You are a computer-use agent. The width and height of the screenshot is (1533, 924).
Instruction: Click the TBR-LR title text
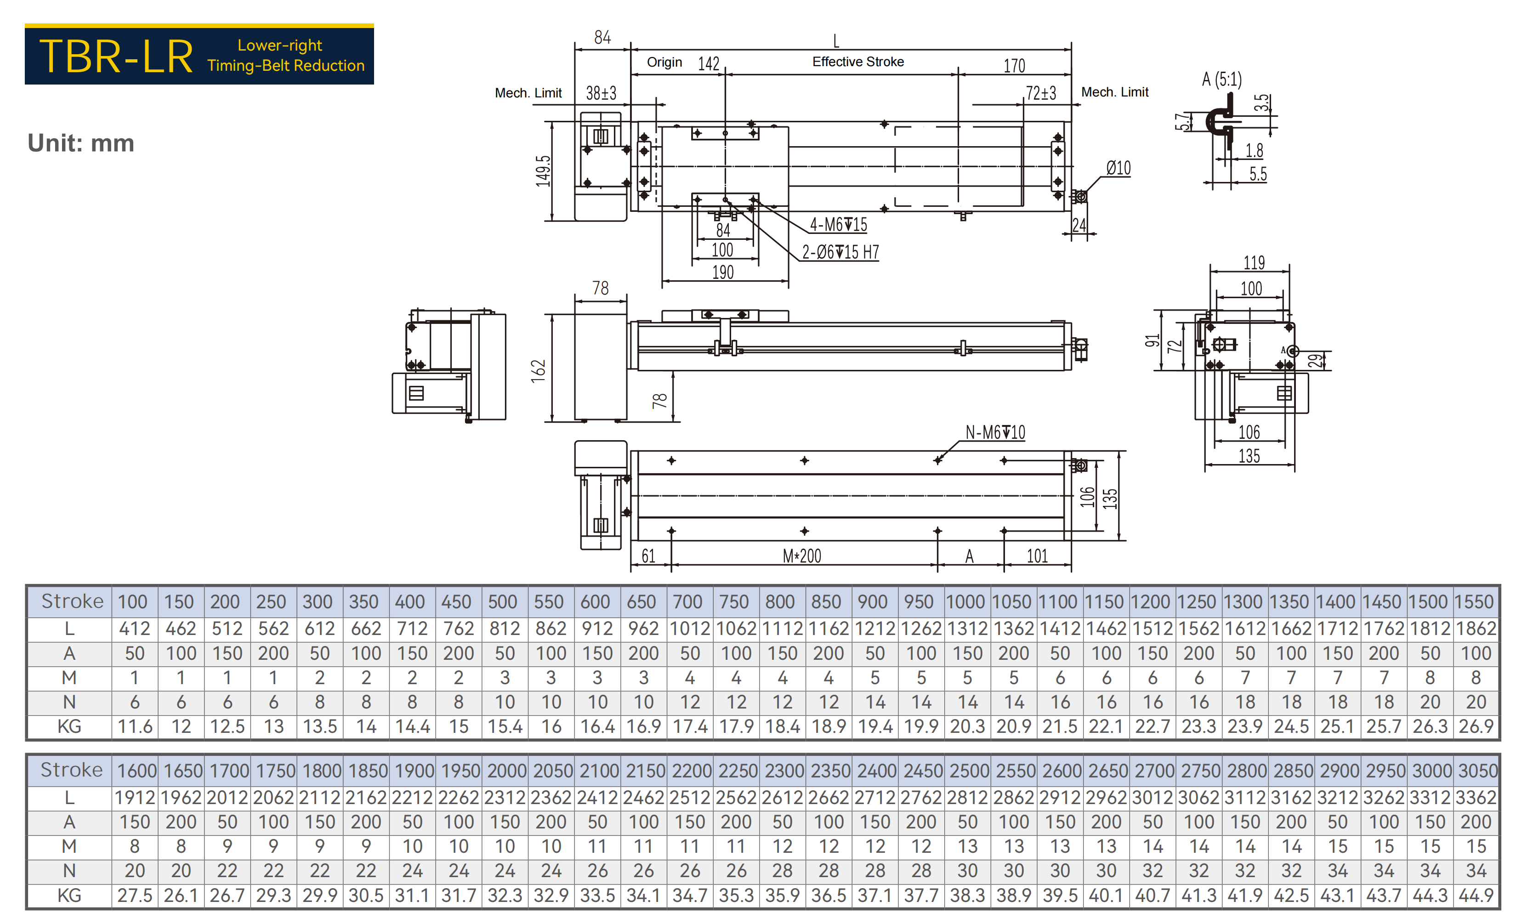116,56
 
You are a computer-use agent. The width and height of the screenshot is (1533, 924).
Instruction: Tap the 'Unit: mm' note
81,143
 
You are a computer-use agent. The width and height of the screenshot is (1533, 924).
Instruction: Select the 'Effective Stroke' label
858,62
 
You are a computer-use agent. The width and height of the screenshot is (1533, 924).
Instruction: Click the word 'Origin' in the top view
664,62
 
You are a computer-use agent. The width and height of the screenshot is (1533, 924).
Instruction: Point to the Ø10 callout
1118,168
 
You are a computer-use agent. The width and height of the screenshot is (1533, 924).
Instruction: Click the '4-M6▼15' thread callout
838,225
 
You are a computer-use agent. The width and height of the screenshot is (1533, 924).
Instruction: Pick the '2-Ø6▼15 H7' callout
840,252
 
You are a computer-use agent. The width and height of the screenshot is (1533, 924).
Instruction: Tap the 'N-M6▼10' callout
995,432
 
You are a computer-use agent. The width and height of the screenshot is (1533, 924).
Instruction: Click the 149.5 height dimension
543,171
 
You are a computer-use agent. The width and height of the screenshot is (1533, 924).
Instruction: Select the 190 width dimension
723,272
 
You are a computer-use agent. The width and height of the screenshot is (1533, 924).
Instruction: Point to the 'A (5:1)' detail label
1221,79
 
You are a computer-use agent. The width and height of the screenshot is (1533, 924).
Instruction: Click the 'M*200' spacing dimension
802,556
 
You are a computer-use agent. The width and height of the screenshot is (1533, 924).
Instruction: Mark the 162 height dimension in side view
538,370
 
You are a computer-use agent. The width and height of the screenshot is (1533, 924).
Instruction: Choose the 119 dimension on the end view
1254,262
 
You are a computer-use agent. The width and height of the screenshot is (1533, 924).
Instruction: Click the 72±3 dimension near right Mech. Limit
1041,93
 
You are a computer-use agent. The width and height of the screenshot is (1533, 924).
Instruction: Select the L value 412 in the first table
134,629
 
